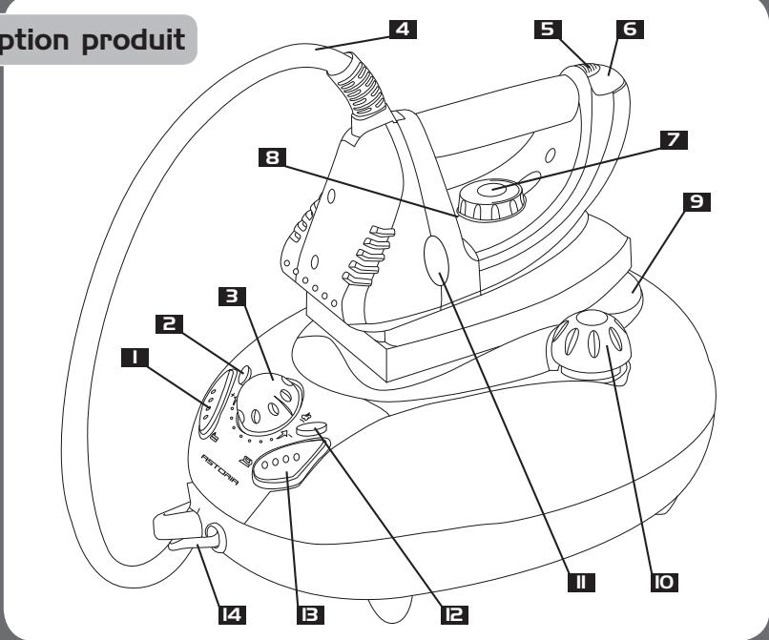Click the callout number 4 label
click(405, 30)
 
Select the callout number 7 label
click(675, 139)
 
